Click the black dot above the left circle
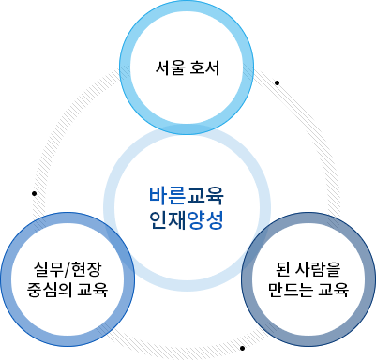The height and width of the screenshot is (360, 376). click(36, 194)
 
